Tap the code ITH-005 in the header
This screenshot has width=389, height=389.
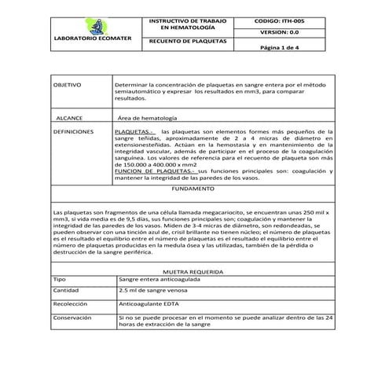(284, 17)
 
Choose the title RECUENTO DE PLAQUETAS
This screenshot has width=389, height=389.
(188, 40)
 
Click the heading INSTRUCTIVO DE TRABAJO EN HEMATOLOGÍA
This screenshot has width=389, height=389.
(188, 21)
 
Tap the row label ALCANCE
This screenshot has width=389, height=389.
(70, 116)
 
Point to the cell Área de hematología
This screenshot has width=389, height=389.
(152, 116)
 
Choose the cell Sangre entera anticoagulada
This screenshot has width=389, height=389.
(160, 279)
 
